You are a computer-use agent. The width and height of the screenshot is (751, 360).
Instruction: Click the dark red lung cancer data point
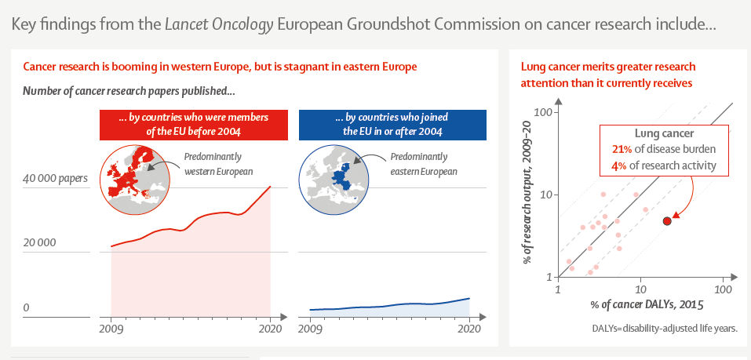pyautogui.click(x=667, y=220)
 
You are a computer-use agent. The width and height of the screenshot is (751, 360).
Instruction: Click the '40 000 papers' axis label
pyautogui.click(x=56, y=179)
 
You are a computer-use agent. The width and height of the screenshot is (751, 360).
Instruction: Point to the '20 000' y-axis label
pyautogui.click(x=39, y=242)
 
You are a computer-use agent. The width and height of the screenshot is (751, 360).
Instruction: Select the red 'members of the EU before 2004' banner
pyautogui.click(x=194, y=125)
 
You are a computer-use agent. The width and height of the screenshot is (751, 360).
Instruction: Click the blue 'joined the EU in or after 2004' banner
pyautogui.click(x=392, y=125)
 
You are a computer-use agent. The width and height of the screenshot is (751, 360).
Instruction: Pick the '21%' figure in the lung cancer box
pyautogui.click(x=622, y=149)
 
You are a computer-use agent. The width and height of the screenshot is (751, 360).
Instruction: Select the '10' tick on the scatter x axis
pyautogui.click(x=640, y=289)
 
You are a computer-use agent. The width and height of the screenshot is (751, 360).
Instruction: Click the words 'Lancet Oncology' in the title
pyautogui.click(x=219, y=25)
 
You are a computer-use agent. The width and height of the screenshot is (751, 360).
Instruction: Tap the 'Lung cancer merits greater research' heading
pyautogui.click(x=608, y=67)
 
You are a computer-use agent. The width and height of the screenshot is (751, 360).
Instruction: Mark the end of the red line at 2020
pyautogui.click(x=271, y=186)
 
